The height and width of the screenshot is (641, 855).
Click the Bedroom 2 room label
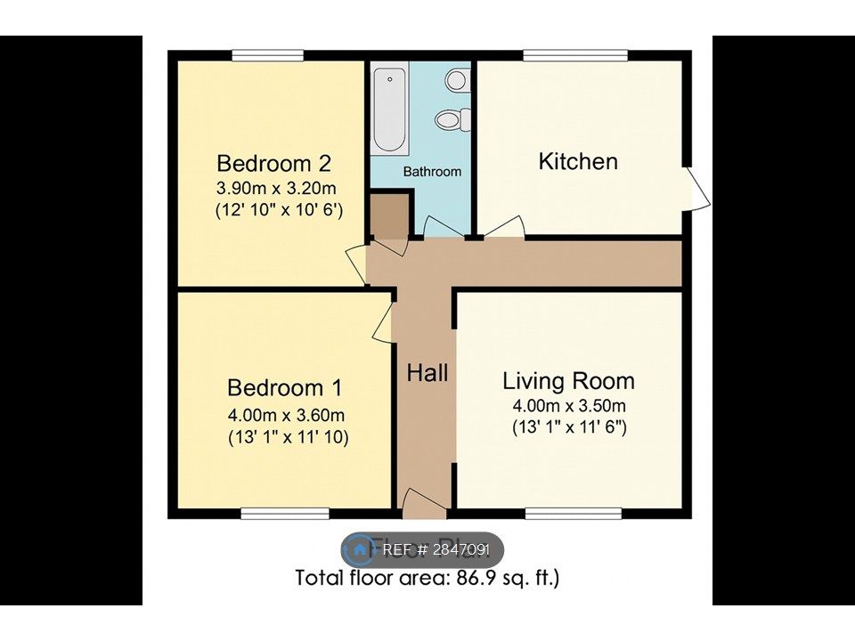[274, 164]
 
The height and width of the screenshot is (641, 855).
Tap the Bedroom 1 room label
[284, 388]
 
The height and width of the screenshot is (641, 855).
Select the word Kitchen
[578, 161]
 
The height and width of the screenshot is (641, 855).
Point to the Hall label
[427, 373]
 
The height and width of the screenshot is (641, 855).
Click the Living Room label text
[568, 382]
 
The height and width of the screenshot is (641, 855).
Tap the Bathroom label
[432, 171]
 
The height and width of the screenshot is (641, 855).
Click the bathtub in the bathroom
[389, 110]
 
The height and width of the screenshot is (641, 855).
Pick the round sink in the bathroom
[456, 80]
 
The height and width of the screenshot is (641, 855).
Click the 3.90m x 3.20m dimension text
[277, 189]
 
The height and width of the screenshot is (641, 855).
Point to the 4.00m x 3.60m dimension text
[285, 415]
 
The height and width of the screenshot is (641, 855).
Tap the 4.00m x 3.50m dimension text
[568, 406]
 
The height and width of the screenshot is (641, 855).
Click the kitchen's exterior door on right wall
[696, 188]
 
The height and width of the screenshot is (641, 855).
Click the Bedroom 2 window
[269, 56]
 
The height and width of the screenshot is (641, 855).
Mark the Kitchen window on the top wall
[574, 56]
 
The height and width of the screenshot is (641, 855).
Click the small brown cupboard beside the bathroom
[387, 218]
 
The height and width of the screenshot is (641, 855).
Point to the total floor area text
[427, 579]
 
